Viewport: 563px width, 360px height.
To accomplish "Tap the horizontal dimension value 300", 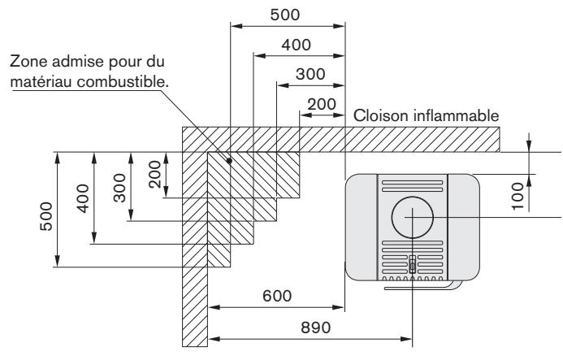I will [310, 74].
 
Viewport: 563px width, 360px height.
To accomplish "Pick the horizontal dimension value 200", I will [322, 103].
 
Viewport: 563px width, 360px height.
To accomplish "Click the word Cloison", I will [378, 115].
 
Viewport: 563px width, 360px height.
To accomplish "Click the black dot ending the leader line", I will [230, 160].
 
